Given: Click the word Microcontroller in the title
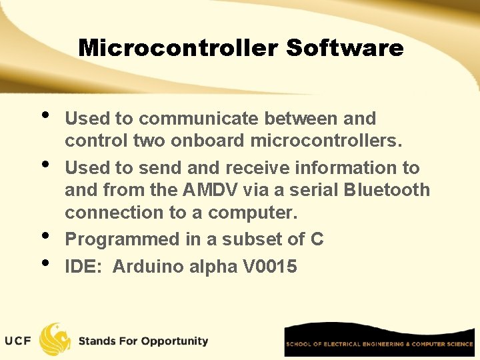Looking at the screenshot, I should pos(178,48).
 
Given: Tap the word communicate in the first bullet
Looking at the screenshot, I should pos(199,119).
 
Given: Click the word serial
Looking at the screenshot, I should pos(309,190).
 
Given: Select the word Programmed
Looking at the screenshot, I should pos(118,239).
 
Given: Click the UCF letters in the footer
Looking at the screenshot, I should pos(18,341).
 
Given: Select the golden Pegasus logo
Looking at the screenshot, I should pos(55,339).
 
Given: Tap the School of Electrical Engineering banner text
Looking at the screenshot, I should pos(379,344).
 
